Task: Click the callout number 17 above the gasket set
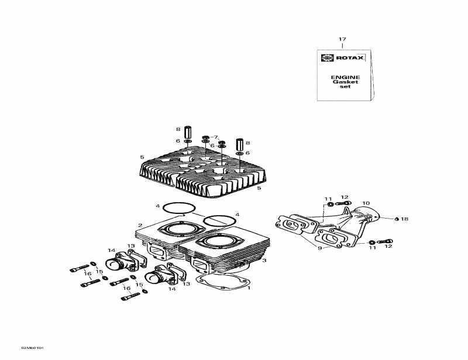click(x=342, y=39)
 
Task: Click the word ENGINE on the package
click(x=345, y=77)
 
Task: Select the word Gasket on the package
click(x=345, y=82)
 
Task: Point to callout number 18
click(x=404, y=219)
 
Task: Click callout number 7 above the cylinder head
click(x=215, y=137)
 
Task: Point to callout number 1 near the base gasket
click(x=249, y=288)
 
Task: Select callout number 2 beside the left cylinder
click(x=140, y=226)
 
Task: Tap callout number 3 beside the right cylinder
click(x=247, y=261)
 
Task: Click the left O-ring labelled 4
click(x=178, y=207)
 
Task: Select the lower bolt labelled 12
click(x=386, y=241)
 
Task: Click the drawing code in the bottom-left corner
click(x=33, y=348)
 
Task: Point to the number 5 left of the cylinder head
click(x=142, y=157)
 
